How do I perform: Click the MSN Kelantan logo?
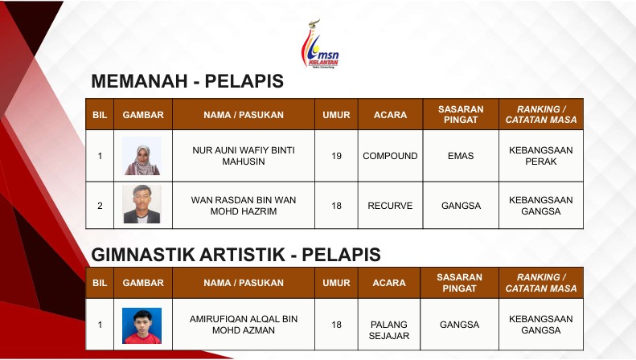pyautogui.click(x=320, y=43)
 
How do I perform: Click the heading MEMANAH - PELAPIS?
pyautogui.click(x=187, y=81)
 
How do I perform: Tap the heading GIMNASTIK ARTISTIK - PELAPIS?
pyautogui.click(x=236, y=255)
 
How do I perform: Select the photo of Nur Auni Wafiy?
pyautogui.click(x=142, y=156)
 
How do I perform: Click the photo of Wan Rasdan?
pyautogui.click(x=142, y=204)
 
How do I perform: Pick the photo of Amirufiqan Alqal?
pyautogui.click(x=142, y=325)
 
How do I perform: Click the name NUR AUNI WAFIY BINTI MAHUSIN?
pyautogui.click(x=244, y=156)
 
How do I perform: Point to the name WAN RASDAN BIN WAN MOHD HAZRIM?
pyautogui.click(x=244, y=206)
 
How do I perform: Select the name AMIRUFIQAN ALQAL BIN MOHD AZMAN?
pyautogui.click(x=244, y=325)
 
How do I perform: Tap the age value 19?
pyautogui.click(x=336, y=156)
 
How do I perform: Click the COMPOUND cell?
pyautogui.click(x=390, y=156)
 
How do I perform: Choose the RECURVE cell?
pyautogui.click(x=390, y=206)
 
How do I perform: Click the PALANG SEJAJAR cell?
pyautogui.click(x=389, y=330)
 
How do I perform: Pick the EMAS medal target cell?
pyautogui.click(x=461, y=156)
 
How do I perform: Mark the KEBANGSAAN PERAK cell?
pyautogui.click(x=541, y=156)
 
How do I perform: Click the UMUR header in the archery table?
pyautogui.click(x=336, y=115)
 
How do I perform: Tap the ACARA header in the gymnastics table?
pyautogui.click(x=389, y=283)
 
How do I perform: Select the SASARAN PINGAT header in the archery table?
pyautogui.click(x=461, y=114)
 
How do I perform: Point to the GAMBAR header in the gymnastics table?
pyautogui.click(x=143, y=283)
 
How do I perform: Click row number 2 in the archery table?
pyautogui.click(x=100, y=206)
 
